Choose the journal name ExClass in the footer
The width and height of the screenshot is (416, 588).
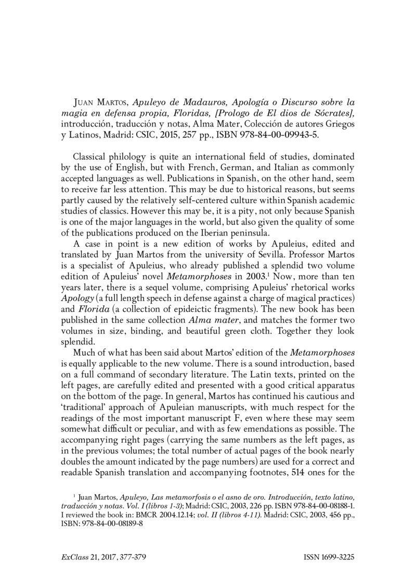pos(73,558)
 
